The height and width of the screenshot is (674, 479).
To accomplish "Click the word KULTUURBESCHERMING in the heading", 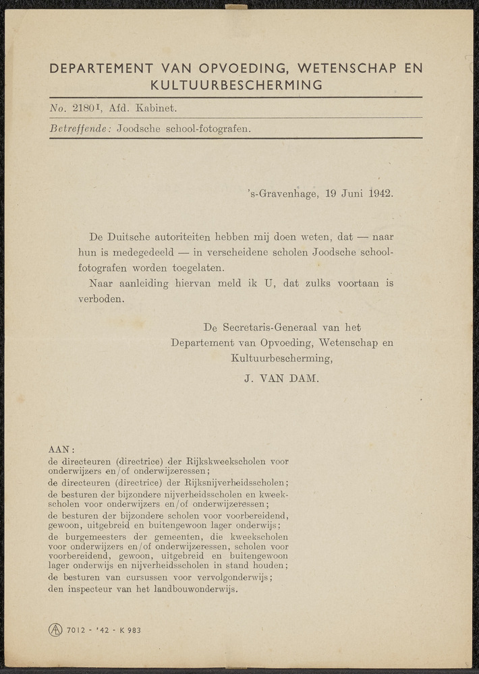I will (x=236, y=85).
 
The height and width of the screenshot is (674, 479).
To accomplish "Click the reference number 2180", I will (x=85, y=107).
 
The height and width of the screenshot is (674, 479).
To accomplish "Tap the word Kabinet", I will (x=156, y=107).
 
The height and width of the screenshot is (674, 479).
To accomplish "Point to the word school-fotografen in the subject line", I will (x=207, y=128).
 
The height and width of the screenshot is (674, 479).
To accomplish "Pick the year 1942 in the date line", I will (x=381, y=193).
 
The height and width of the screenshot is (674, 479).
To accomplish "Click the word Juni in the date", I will (x=352, y=193).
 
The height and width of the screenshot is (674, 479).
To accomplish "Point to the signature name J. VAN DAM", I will (x=281, y=379).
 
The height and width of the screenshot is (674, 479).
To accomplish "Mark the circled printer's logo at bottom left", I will (x=55, y=630).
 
